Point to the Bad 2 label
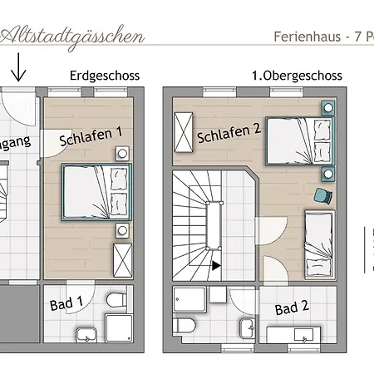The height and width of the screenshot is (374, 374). [292, 308]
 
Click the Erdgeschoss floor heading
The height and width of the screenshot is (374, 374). [106, 76]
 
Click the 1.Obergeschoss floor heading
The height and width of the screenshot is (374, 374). [298, 76]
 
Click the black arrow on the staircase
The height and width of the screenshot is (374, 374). [216, 266]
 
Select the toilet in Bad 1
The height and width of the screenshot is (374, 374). [117, 298]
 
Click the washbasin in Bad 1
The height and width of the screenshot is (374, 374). [86, 336]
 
